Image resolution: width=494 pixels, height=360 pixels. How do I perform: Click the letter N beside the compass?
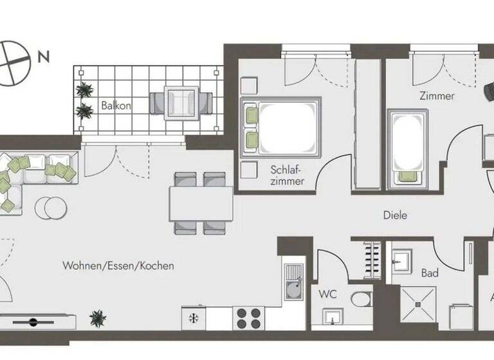tap(44, 57)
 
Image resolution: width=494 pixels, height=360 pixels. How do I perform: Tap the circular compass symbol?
tap(13, 62)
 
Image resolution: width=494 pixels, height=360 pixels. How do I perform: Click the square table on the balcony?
tap(181, 103)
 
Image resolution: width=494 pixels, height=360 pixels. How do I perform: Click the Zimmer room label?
tap(436, 96)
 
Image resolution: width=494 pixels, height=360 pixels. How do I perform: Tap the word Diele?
tap(394, 215)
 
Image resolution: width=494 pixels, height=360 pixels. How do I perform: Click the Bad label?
tap(430, 273)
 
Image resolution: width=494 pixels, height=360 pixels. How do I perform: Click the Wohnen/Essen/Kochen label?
tap(118, 265)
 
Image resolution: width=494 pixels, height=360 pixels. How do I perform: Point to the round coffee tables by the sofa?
tap(50, 208)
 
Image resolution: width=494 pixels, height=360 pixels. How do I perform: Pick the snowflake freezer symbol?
tap(192, 318)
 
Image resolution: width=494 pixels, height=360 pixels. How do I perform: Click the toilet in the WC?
tap(361, 300)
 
